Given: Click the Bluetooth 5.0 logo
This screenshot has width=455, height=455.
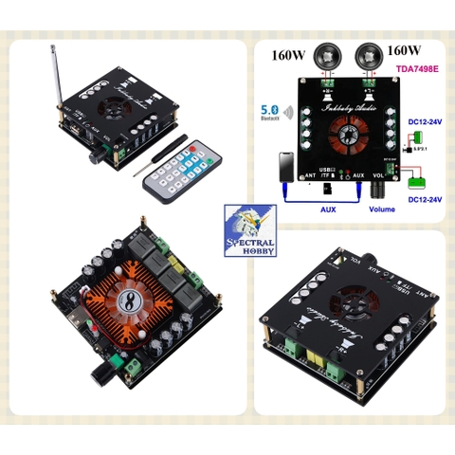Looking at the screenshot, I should point(268,115).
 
